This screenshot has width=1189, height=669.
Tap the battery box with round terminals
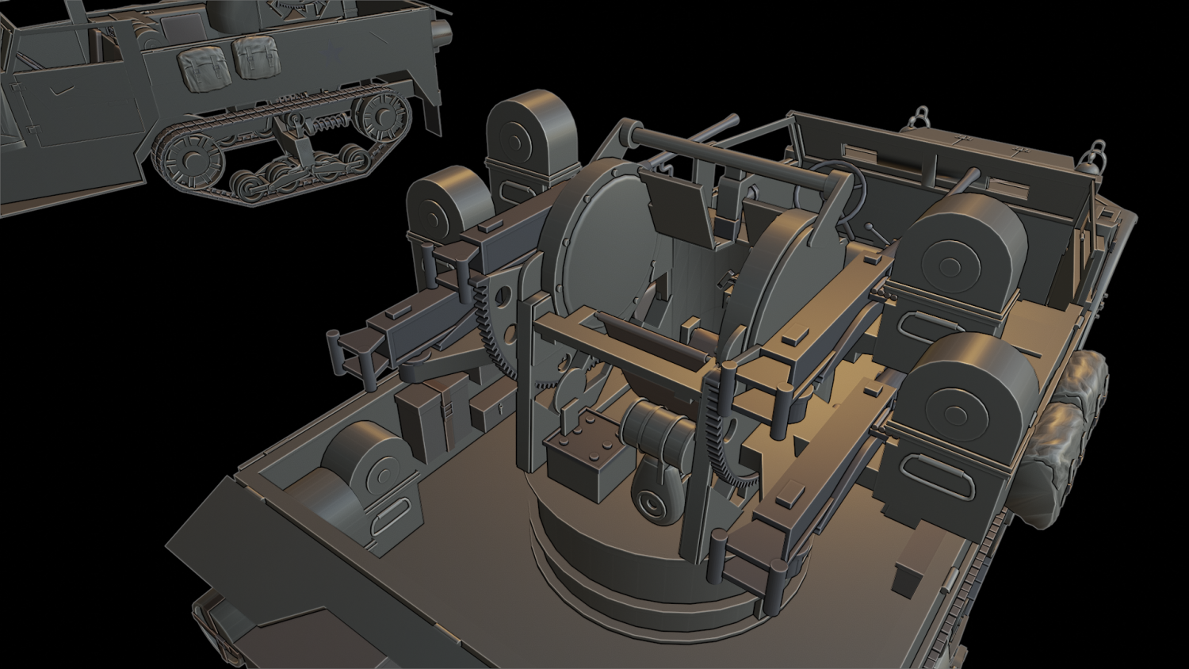tap(585, 460)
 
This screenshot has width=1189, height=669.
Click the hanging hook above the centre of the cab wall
tap(921, 118)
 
